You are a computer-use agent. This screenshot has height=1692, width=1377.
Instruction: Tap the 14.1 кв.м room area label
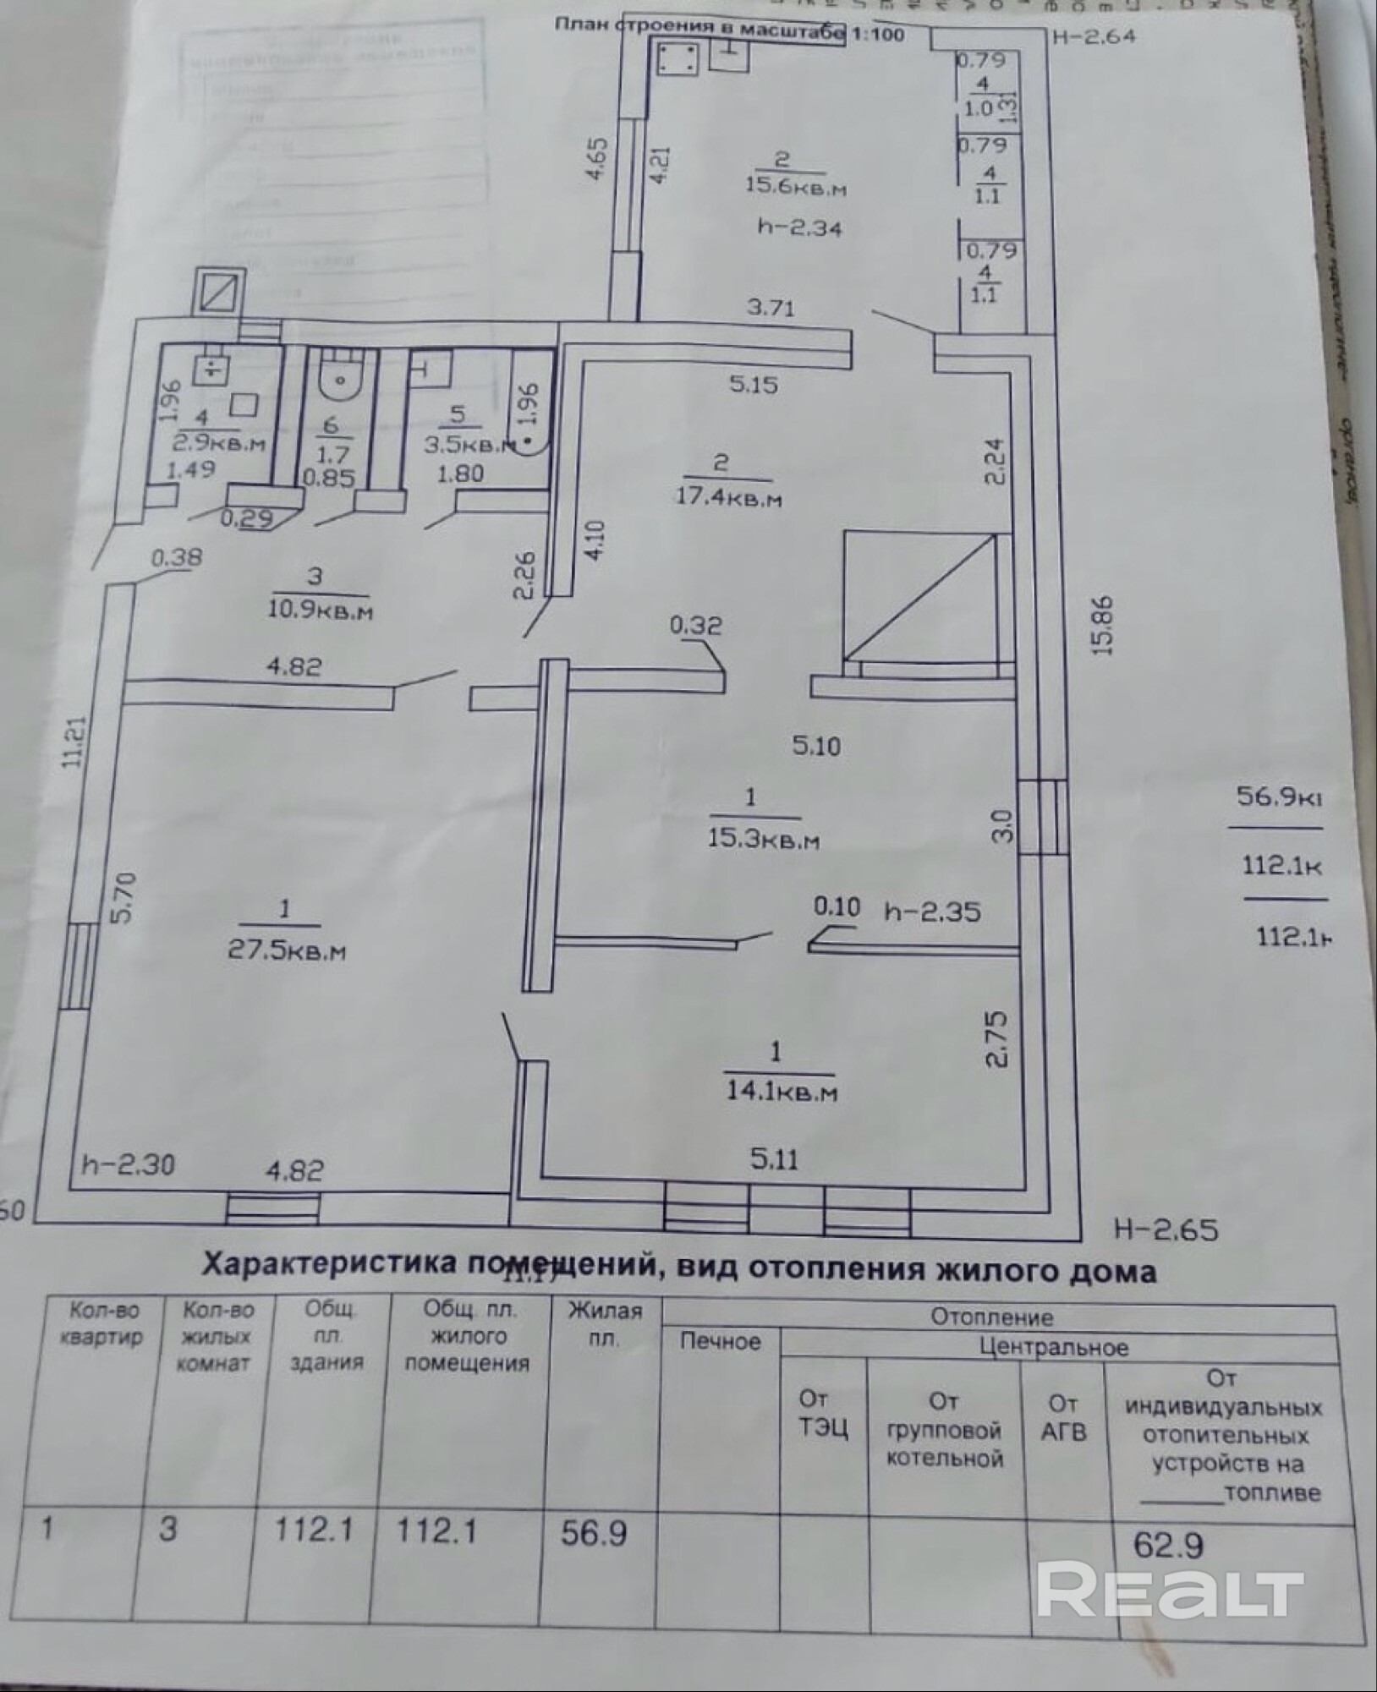781,1092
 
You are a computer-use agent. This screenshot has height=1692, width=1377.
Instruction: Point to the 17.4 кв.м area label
727,498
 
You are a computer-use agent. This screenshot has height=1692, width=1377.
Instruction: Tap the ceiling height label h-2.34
799,227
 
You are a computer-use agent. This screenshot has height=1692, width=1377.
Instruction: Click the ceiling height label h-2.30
129,1164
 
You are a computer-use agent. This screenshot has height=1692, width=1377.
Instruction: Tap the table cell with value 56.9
594,1531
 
